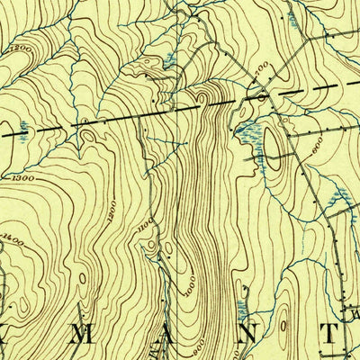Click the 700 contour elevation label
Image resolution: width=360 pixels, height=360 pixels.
262,66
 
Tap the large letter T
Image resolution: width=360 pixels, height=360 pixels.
331,334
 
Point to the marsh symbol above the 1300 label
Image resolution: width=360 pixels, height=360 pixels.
22,129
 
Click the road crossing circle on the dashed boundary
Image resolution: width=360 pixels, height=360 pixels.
260,94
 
